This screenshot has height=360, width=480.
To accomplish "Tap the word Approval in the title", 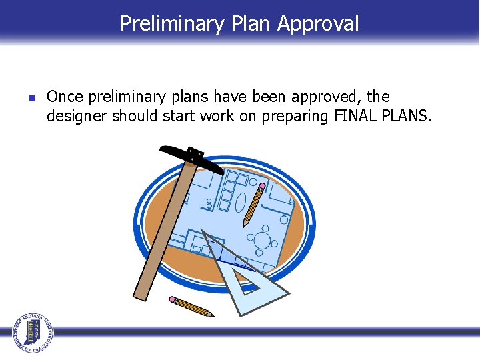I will point(318,24).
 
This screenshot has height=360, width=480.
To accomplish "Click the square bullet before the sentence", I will point(31,98).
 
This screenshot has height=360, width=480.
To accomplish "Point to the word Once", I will point(65,97).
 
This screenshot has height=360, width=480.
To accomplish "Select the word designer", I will point(77,117).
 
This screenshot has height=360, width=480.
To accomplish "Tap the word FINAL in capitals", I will point(352,117).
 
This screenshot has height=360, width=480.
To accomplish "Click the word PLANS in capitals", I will point(406,117).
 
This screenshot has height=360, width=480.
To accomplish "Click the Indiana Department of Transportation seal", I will point(31,331).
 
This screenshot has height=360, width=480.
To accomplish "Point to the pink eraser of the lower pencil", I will point(173,299).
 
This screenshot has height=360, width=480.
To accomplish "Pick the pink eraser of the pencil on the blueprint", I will point(262,186).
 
